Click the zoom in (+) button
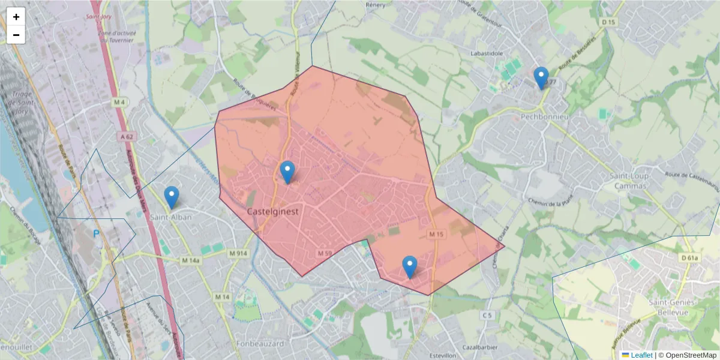(16, 17)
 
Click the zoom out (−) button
(16, 35)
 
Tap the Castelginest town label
(273, 212)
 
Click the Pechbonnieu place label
(545, 115)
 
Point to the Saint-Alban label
(171, 217)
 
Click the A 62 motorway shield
(127, 137)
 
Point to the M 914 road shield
(238, 253)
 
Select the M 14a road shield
(190, 260)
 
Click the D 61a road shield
(691, 258)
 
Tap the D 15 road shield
(608, 22)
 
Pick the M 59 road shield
(324, 254)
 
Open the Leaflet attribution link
(641, 355)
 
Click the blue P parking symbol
(95, 233)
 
